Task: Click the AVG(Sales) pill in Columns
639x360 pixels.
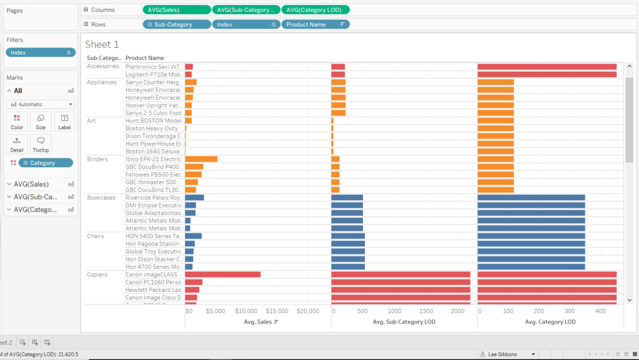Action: (176, 10)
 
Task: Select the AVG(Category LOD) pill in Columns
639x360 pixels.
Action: (315, 10)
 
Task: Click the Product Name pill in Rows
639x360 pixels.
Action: (315, 24)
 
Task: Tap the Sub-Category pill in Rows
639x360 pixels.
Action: (176, 24)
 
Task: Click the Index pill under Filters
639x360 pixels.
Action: (39, 52)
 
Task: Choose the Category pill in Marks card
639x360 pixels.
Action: (46, 163)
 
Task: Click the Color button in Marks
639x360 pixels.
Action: (17, 122)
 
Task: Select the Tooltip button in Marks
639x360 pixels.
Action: (41, 144)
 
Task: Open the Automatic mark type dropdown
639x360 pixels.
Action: (41, 104)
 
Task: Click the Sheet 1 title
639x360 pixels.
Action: (102, 44)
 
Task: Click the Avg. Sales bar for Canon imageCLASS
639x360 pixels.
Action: (222, 275)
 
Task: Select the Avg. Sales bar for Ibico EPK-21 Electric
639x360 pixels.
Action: (201, 159)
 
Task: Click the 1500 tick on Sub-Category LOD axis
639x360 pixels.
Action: (426, 311)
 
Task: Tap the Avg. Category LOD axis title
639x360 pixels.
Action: (550, 322)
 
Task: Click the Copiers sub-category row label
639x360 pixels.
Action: (97, 275)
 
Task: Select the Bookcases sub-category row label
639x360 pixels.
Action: (101, 197)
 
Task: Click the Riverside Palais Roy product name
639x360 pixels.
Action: (154, 198)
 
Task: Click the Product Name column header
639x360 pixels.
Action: (144, 58)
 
